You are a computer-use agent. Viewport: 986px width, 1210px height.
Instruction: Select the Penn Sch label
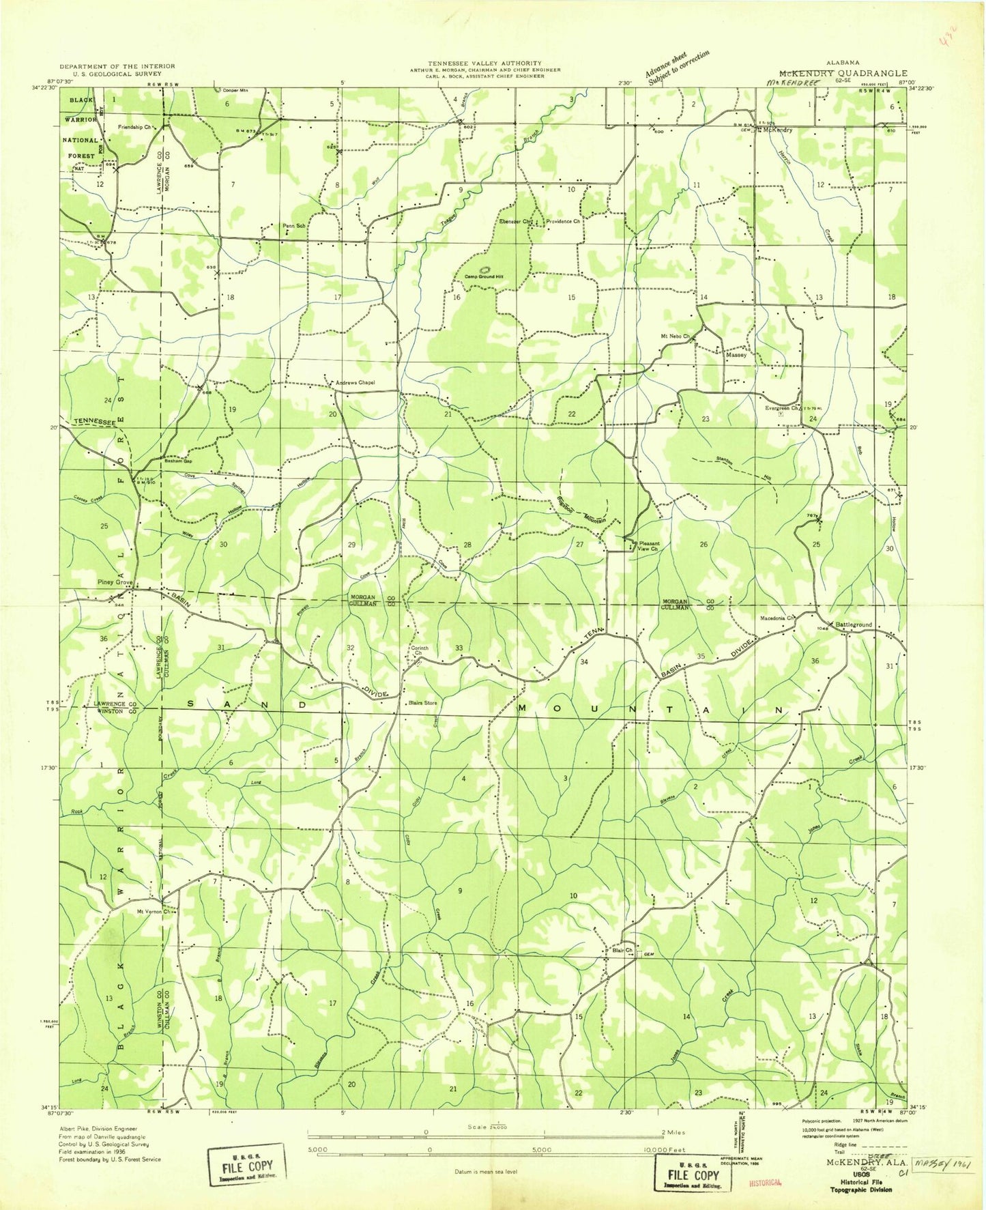293,226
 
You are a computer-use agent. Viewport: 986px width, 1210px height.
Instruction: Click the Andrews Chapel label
355,383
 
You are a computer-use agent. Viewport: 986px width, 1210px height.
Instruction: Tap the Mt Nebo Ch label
675,337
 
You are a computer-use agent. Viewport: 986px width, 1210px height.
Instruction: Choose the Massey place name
736,355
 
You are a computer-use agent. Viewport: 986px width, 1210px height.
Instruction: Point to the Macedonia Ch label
778,618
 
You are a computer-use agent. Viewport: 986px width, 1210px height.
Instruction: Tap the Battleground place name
854,624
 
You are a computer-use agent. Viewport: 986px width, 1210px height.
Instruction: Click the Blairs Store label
422,703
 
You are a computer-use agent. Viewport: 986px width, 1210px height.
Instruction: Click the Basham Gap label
179,461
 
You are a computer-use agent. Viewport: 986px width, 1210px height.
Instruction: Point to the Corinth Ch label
419,650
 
